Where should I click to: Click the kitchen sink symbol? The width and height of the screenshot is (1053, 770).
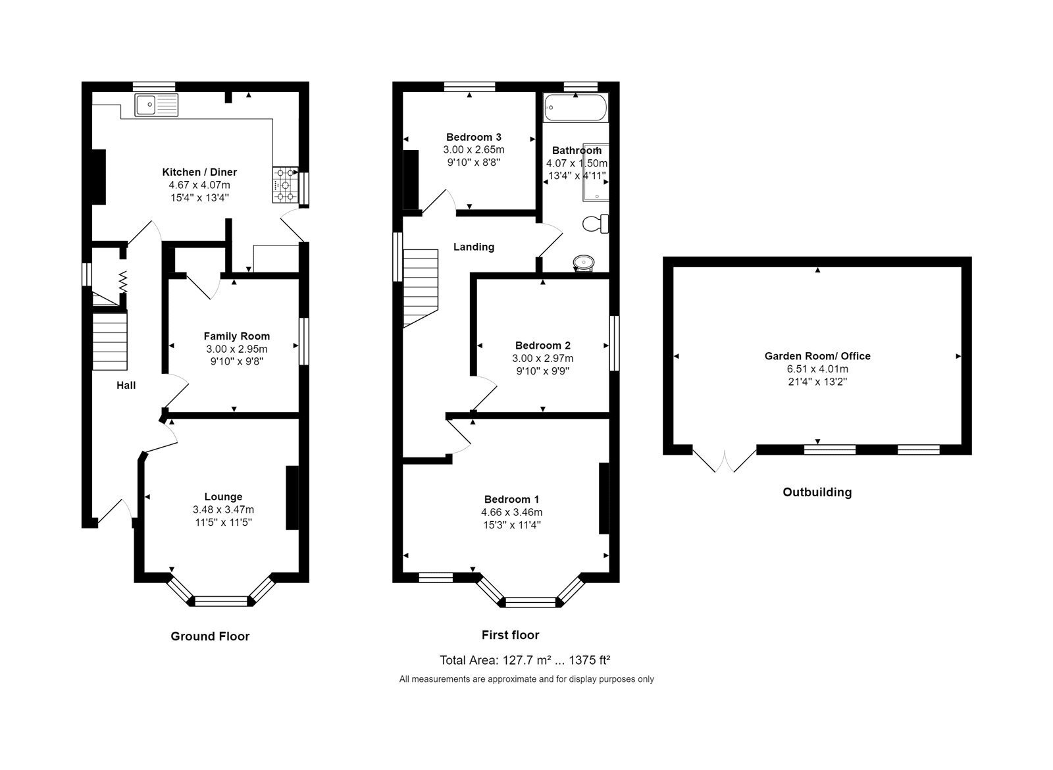coord(156,105)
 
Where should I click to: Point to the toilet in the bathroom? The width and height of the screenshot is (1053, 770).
coord(596,224)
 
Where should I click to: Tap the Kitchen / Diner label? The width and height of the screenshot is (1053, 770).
coord(199,172)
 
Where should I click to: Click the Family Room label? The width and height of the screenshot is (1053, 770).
coord(236,336)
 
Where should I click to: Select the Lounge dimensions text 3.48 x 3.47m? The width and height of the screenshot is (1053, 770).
coord(223,509)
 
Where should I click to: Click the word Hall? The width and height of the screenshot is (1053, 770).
coord(126,385)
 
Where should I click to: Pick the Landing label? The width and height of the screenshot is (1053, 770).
coord(473,247)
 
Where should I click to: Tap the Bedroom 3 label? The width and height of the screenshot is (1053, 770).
coord(473,137)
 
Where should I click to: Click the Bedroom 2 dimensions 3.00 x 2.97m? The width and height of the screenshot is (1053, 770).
coord(542,358)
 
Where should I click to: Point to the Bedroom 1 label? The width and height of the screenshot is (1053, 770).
coord(511,499)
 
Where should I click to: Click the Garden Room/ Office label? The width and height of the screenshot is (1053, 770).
coord(817,356)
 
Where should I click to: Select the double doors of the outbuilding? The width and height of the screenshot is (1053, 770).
coord(725,461)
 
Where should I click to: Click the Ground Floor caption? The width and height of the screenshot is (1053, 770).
coord(210,636)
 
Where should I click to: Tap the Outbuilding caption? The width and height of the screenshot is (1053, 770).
coord(817,492)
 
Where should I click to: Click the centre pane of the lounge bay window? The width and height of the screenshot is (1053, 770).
coord(221,601)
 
